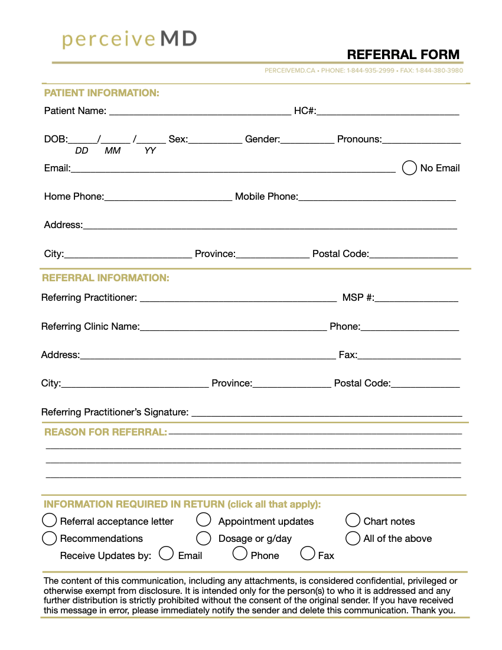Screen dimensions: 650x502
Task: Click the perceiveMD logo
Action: (129, 40)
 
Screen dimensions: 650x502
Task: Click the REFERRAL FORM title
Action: (403, 54)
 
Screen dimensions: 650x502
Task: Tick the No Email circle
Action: (409, 168)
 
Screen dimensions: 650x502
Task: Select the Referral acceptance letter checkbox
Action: (50, 521)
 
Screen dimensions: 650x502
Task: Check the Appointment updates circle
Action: (204, 520)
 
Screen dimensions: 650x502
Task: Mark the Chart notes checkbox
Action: (353, 520)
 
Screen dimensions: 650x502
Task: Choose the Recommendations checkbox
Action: (50, 538)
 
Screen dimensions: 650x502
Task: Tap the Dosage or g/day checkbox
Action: (204, 538)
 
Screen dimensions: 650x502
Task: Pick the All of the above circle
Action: (353, 538)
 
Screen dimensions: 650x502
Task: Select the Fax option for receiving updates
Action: (308, 554)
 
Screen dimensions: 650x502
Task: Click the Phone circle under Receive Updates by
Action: (240, 554)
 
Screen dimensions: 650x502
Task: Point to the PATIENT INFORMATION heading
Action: (102, 93)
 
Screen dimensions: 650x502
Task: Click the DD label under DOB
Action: (82, 151)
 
